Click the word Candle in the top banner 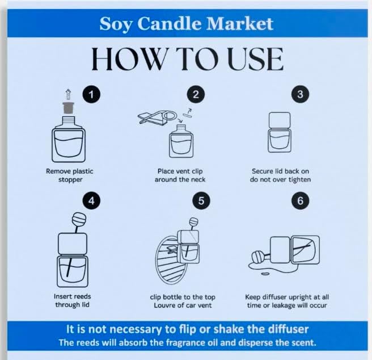[x=170, y=23]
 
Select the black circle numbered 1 [x=91, y=94]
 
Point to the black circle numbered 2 [x=196, y=94]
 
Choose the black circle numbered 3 [x=300, y=94]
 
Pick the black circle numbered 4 [x=91, y=200]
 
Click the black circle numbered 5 [x=201, y=200]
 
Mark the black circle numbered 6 [x=300, y=200]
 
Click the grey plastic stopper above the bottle [x=69, y=108]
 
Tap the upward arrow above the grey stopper [x=68, y=94]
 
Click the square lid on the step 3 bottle [x=280, y=120]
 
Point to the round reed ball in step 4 [x=79, y=219]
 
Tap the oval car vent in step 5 [x=171, y=260]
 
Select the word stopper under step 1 [x=70, y=179]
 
